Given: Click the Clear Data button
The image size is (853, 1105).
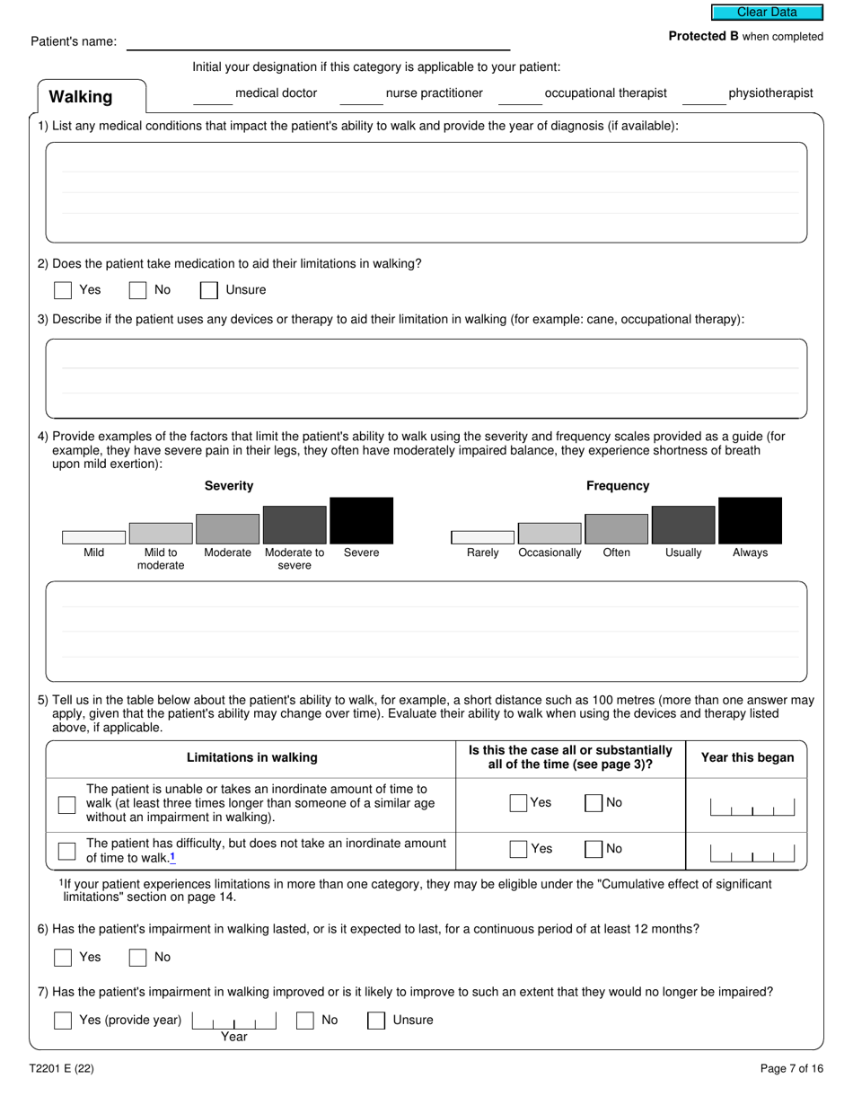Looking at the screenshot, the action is (767, 13).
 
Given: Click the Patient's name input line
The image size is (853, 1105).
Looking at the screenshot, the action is (318, 41).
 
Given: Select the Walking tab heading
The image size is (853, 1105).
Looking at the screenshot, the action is (81, 97).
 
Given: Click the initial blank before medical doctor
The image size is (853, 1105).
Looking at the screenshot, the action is (213, 96).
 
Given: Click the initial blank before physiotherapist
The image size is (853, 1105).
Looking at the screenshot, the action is (704, 96).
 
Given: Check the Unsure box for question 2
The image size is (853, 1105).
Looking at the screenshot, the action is (208, 290).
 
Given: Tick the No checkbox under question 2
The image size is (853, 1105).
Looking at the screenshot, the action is (137, 290).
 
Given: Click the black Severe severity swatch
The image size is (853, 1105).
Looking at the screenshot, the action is (361, 521).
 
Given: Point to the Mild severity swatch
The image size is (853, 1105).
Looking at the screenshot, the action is (93, 537).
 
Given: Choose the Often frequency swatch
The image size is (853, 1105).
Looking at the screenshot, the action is (616, 529).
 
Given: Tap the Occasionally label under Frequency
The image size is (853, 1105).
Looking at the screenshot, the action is (550, 552).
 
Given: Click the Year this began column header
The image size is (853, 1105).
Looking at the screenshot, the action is (747, 757).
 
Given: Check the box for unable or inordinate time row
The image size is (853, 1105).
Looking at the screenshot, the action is (66, 804).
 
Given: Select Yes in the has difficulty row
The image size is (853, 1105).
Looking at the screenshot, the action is (518, 849).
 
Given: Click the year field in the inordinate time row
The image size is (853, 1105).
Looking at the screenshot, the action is (752, 807).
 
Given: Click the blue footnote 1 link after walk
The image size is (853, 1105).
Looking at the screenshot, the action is (172, 857).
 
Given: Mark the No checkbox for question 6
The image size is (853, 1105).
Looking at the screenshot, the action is (137, 958).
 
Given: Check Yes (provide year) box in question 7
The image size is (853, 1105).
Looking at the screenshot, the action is (63, 1021).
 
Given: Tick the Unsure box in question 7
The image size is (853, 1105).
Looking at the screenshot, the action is (376, 1021).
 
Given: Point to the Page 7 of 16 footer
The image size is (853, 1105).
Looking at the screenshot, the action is (791, 1069).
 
